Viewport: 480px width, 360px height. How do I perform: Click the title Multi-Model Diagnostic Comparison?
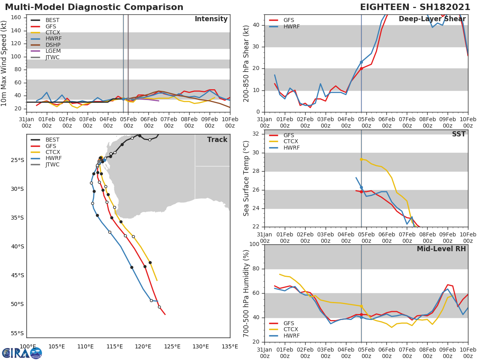(94, 7)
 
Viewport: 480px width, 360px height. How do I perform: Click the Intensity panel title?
(211, 19)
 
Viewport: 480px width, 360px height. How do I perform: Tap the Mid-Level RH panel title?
(441, 249)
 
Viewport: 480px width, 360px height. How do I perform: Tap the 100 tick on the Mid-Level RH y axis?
(254, 244)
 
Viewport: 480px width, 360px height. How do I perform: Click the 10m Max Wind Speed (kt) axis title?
(4, 63)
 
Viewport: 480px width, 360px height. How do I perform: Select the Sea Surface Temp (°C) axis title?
(246, 178)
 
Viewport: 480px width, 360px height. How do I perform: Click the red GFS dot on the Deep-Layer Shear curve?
(361, 68)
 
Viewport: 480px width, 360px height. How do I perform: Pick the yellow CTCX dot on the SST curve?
(361, 159)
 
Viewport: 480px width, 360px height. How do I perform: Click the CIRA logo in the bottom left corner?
(22, 353)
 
